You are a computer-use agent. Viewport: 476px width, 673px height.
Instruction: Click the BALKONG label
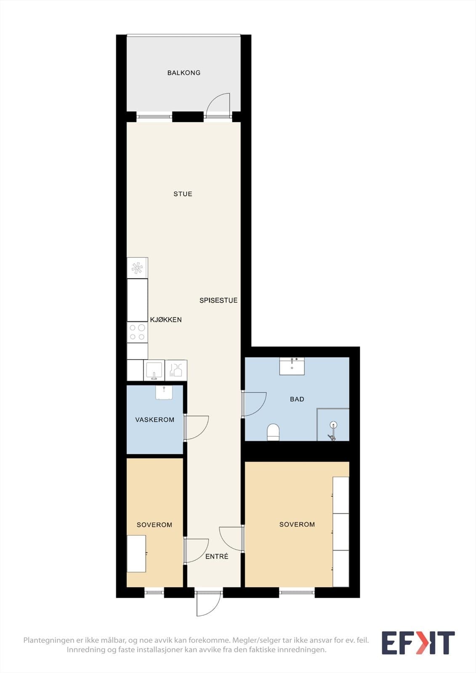184,73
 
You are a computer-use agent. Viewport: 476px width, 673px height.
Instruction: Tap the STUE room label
183,194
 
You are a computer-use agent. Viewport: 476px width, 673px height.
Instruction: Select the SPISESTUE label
218,300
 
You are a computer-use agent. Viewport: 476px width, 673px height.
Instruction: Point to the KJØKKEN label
166,320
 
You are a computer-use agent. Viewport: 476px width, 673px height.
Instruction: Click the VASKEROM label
155,420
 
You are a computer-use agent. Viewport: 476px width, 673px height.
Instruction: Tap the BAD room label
297,399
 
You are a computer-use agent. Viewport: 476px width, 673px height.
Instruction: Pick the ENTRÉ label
217,557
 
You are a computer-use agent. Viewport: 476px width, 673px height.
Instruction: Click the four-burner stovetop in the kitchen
137,333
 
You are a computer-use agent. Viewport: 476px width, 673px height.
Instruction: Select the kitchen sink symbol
154,370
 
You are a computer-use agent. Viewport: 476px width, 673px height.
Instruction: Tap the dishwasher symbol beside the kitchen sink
176,370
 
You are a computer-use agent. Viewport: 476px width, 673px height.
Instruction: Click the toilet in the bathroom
274,432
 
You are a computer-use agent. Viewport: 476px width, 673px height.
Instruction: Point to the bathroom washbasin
292,366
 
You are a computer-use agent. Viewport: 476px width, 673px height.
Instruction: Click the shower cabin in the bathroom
333,424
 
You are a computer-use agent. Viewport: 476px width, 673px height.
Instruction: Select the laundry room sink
164,392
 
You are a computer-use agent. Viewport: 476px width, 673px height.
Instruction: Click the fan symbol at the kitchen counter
137,268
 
